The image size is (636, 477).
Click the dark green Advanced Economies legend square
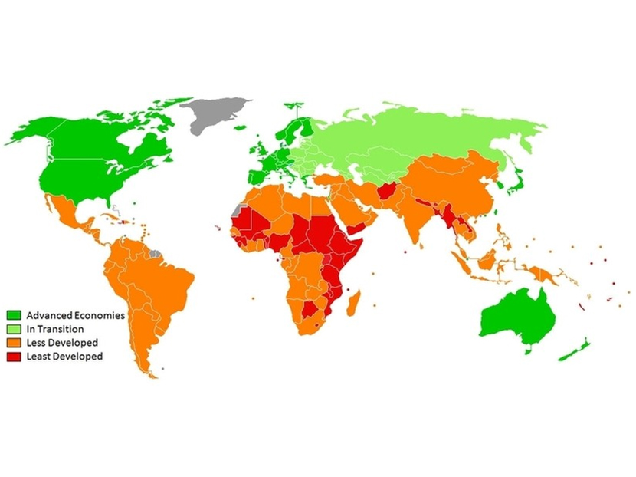(15, 315)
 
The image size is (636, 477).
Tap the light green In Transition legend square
(15, 328)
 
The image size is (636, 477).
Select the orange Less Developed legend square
(15, 342)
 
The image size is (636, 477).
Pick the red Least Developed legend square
(15, 356)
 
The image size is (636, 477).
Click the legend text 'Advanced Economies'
(75, 315)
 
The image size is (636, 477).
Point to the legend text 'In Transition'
(55, 328)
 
